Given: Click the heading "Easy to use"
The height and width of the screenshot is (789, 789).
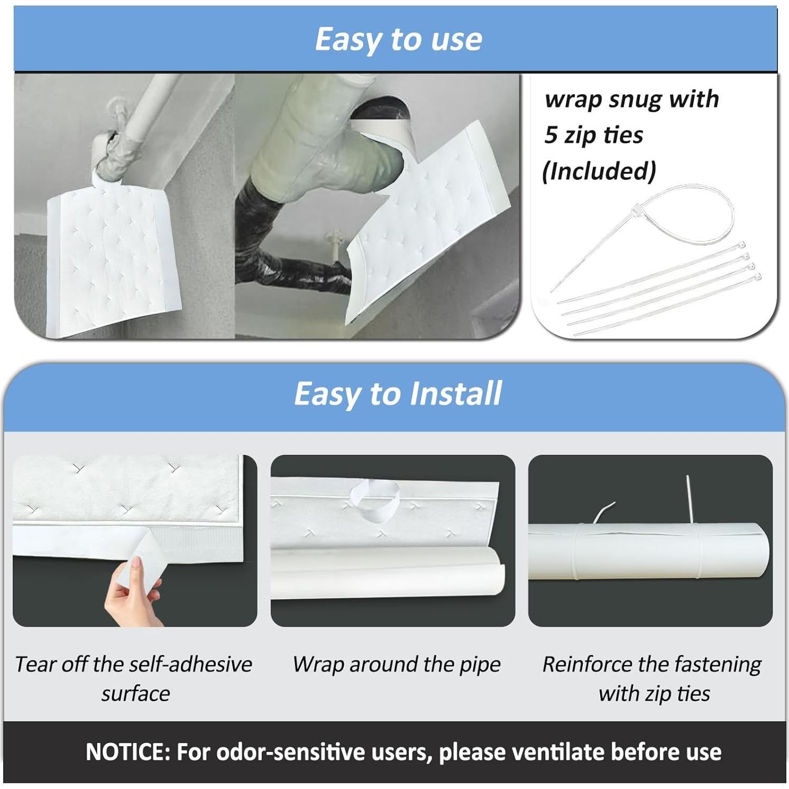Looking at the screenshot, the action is point(398,39).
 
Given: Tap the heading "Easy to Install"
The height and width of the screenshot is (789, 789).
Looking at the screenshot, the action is point(398,393).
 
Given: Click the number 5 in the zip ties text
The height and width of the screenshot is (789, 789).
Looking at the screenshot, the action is point(551,135).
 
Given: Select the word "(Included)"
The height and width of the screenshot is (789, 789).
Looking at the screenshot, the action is point(599,171).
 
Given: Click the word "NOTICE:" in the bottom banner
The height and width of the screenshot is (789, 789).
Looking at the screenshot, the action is point(128,751).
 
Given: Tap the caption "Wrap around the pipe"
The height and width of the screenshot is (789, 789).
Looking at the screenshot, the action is point(397,665).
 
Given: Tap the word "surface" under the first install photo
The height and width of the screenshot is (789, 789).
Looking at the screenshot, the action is point(136,694).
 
